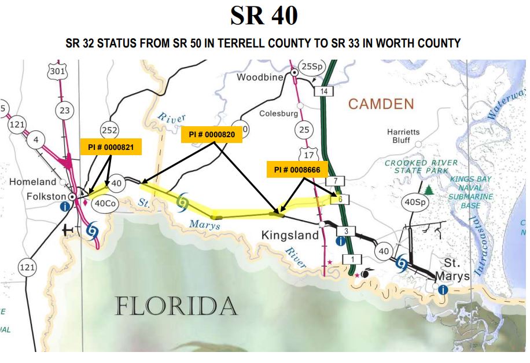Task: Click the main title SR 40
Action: (264, 16)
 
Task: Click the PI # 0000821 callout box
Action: (111, 147)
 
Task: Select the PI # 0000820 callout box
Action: (212, 134)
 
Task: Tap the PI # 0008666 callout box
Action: (297, 170)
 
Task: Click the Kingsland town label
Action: (290, 236)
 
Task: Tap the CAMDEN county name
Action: (381, 104)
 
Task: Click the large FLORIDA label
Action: (176, 305)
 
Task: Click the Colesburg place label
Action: (278, 113)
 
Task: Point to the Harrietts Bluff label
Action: (403, 136)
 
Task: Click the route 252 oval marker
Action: (109, 129)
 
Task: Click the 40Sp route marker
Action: (415, 203)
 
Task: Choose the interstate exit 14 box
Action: (325, 91)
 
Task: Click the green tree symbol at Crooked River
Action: (429, 190)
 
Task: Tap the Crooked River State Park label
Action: (421, 167)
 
